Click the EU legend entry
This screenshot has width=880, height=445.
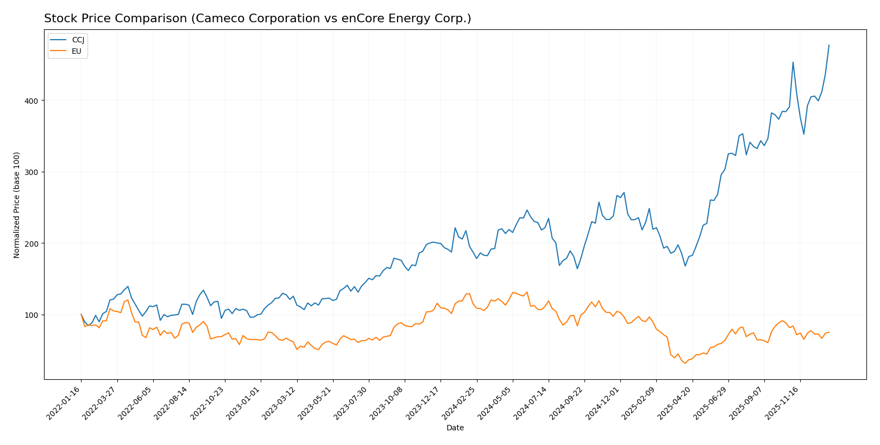[x=76, y=51]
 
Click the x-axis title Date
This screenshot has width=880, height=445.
[x=455, y=428]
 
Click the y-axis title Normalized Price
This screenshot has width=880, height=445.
[x=17, y=205]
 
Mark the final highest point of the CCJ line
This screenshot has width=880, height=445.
[x=829, y=45]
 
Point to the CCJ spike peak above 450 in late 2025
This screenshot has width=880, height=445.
[x=793, y=62]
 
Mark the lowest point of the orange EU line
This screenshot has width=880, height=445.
[x=685, y=363]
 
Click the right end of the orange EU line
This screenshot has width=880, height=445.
[x=829, y=332]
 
